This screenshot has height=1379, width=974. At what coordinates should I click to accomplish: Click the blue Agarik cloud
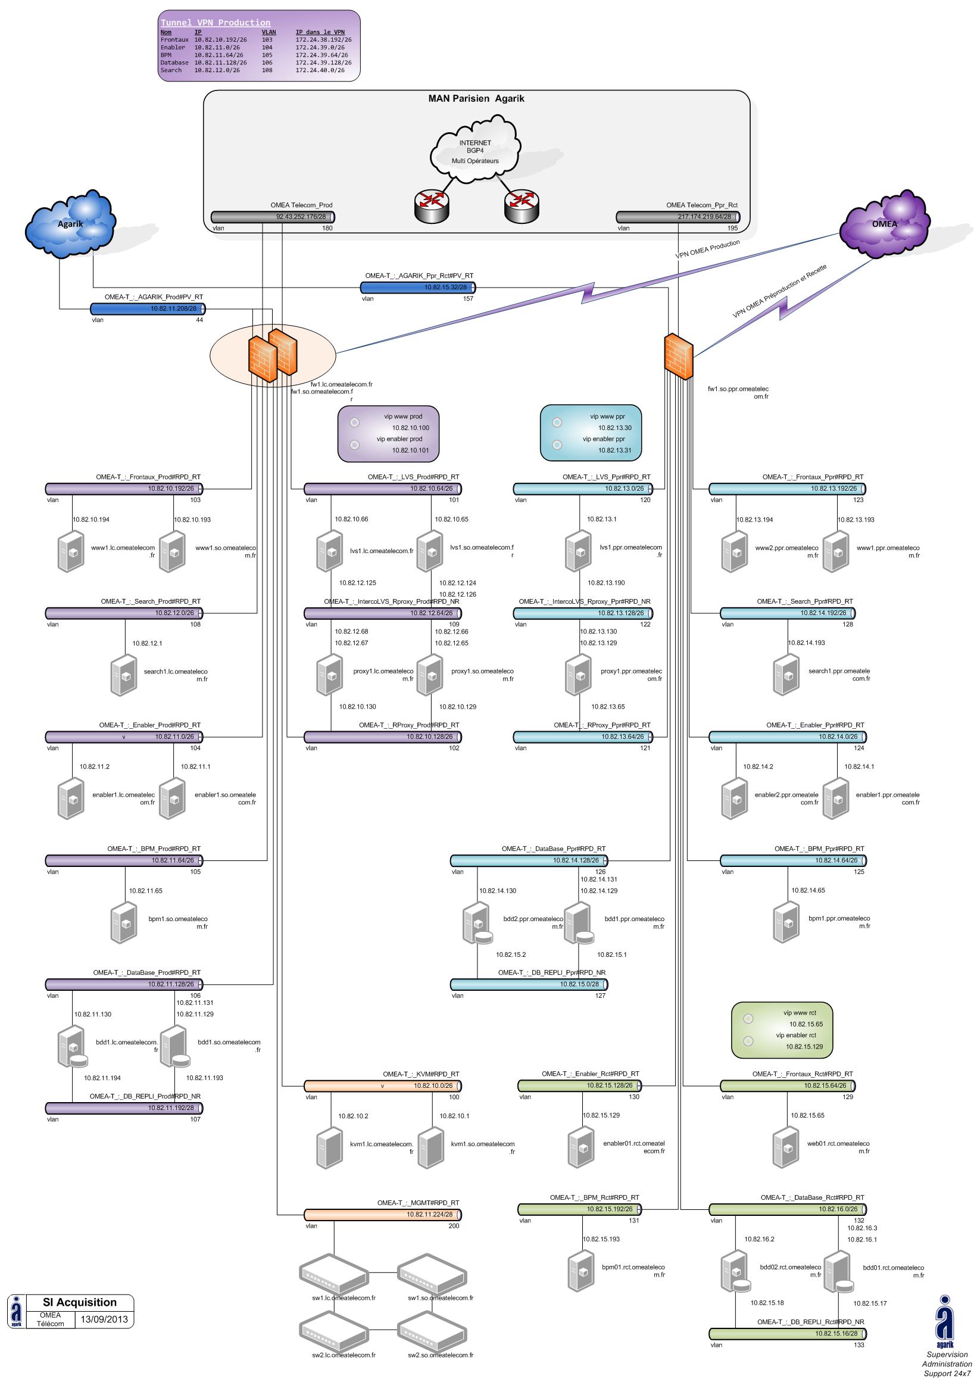click(70, 223)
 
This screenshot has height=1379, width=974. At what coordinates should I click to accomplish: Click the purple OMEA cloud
click(885, 223)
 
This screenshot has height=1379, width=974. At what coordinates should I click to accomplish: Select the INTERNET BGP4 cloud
click(475, 151)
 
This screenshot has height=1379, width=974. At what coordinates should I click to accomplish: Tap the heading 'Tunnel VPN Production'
click(216, 23)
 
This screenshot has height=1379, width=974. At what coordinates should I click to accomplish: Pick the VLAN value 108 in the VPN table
click(267, 70)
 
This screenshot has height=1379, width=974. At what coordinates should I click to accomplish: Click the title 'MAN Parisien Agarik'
click(476, 98)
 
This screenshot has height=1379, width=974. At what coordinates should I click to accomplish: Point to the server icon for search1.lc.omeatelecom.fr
click(124, 676)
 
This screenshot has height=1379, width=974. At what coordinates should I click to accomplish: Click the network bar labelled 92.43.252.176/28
click(273, 217)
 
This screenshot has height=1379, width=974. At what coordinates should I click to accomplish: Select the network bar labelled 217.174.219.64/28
click(678, 217)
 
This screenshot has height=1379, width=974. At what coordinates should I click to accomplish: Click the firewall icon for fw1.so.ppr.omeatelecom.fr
click(679, 356)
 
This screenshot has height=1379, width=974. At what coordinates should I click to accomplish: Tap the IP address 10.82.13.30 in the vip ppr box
click(614, 428)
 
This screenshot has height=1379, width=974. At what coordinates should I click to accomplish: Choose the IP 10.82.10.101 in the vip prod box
click(411, 450)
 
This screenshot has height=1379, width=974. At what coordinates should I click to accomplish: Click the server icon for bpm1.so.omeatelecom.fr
click(124, 922)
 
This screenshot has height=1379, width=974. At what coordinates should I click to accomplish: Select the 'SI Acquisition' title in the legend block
click(80, 1302)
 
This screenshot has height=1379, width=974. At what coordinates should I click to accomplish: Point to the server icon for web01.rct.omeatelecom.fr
click(785, 1148)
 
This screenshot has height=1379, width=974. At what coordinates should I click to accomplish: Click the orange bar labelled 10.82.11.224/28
click(382, 1214)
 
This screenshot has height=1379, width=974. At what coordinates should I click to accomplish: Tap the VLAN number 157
click(468, 298)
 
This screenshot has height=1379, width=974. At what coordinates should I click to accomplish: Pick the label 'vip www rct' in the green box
click(799, 1013)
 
